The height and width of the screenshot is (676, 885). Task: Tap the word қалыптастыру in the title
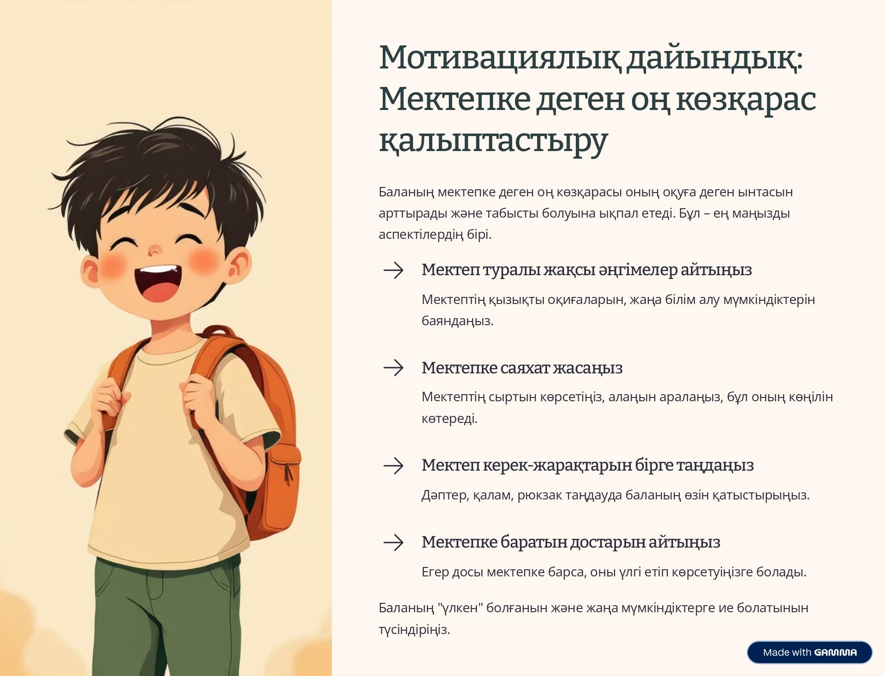493,140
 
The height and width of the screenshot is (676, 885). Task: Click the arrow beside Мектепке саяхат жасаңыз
394,368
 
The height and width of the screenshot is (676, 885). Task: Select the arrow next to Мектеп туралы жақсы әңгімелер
394,270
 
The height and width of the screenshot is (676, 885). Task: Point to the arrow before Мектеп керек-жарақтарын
394,465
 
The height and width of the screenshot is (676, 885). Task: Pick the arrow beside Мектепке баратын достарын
394,542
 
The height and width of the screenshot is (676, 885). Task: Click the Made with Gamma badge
809,652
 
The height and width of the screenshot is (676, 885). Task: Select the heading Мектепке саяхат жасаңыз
522,368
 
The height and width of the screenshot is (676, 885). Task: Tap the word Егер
435,572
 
